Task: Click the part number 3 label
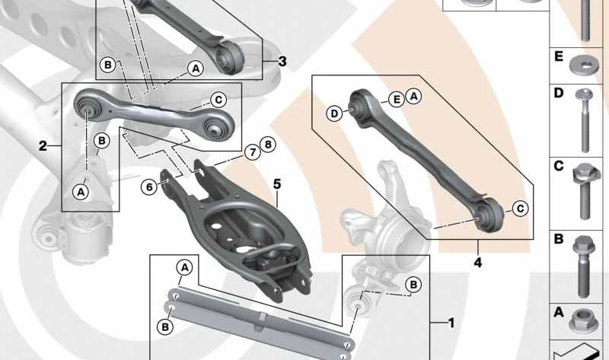(282, 61)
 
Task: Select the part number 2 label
(43, 146)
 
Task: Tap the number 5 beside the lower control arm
(276, 184)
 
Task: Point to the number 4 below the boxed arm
(478, 263)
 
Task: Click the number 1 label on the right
(451, 323)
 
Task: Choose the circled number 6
(149, 187)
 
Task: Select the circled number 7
(253, 152)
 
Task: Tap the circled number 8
(268, 145)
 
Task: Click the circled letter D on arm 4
(334, 114)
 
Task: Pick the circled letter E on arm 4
(397, 100)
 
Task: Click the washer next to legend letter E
(584, 65)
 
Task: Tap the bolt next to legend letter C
(585, 191)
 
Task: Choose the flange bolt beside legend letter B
(584, 266)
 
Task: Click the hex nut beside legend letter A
(583, 320)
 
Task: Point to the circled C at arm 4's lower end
(520, 209)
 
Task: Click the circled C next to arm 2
(218, 100)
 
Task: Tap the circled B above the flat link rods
(413, 285)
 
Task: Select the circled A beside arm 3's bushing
(196, 68)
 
